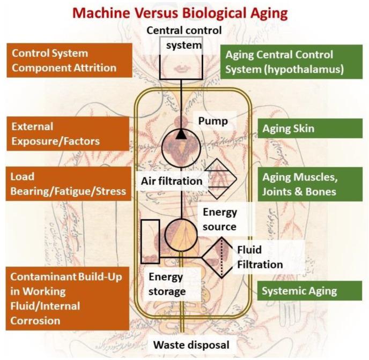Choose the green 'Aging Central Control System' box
(291, 62)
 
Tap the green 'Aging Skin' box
(309, 129)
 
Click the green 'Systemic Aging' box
(309, 291)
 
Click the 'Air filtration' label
(171, 181)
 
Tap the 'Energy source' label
(219, 219)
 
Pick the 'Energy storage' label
(166, 284)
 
